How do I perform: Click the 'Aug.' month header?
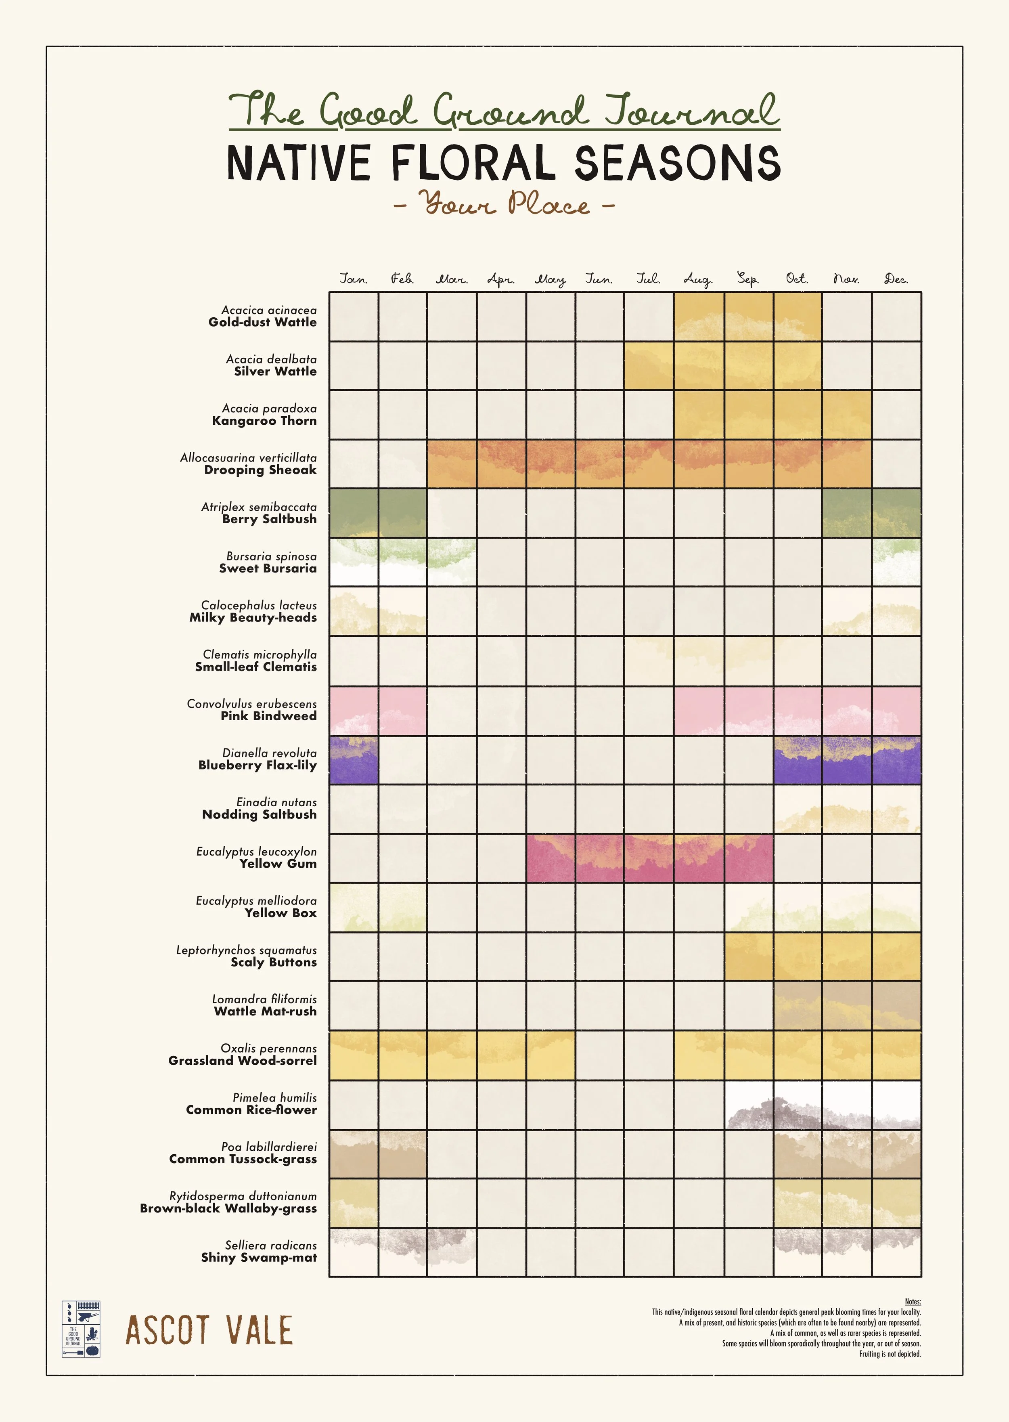click(698, 279)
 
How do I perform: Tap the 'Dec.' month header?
click(896, 279)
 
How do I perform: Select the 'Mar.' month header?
click(452, 279)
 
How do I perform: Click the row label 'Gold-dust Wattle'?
click(262, 322)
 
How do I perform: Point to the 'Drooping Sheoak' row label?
click(260, 470)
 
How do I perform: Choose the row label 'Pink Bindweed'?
click(268, 716)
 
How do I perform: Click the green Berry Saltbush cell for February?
click(403, 513)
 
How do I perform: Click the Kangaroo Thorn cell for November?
click(846, 415)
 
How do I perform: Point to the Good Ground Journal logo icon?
click(81, 1329)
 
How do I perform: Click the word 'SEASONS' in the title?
click(677, 163)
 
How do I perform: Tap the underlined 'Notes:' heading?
click(912, 1301)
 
